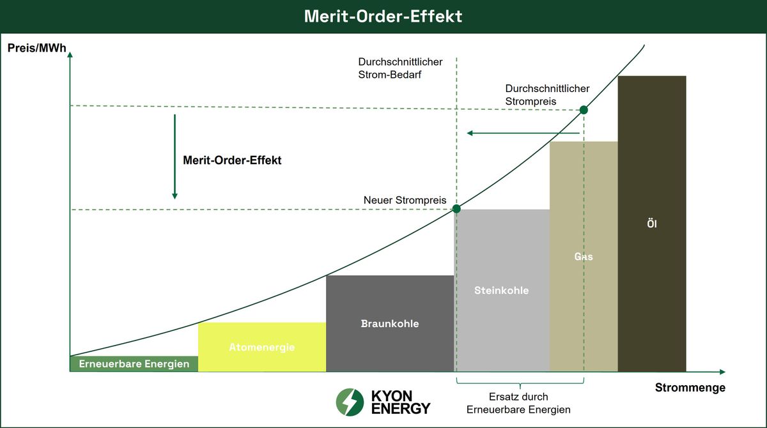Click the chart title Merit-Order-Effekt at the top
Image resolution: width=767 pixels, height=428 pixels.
click(383, 16)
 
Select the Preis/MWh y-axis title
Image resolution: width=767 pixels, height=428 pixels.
click(36, 47)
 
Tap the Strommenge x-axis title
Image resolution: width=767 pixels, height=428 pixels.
click(690, 388)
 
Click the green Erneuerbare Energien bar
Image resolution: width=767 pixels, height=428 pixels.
click(134, 364)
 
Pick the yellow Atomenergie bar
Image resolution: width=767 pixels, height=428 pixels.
click(261, 348)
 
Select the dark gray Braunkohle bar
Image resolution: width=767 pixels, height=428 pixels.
click(389, 323)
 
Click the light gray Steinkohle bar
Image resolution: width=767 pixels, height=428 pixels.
click(501, 291)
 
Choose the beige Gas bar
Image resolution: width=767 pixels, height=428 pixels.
click(583, 257)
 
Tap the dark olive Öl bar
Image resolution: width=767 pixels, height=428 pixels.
click(651, 224)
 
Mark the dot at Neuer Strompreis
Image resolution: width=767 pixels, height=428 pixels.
click(456, 209)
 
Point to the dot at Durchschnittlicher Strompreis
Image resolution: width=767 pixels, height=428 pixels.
click(583, 110)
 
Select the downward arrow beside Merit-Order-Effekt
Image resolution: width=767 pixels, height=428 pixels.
click(174, 157)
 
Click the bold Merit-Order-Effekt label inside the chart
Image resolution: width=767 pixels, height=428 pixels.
click(232, 161)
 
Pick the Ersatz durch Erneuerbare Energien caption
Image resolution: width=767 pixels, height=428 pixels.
click(518, 403)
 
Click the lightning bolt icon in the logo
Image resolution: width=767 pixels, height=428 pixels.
click(350, 402)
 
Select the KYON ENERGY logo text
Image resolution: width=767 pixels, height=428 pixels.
click(401, 402)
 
